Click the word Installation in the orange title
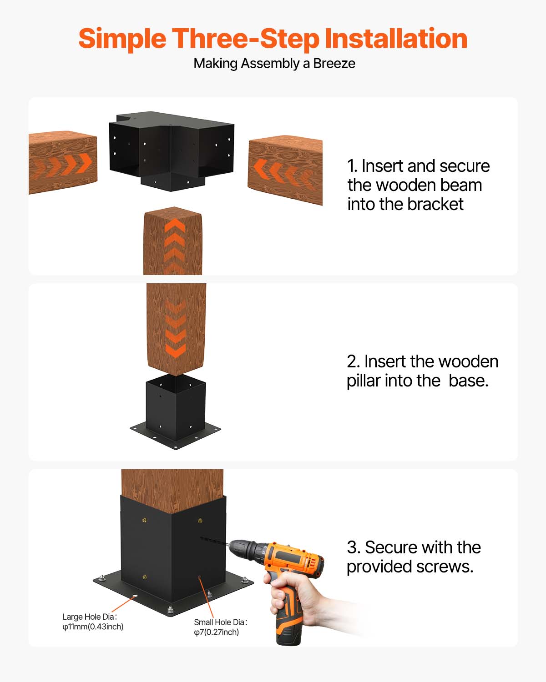pos(395,39)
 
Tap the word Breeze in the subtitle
pos(334,63)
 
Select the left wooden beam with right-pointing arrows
pos(63,163)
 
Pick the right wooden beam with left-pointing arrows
pos(285,171)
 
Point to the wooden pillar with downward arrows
pos(176,327)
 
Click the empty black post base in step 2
pos(175,411)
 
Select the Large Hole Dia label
pos(90,617)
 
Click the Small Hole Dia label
pos(220,622)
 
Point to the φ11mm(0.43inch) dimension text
pos(93,627)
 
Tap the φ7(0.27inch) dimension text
pos(216,632)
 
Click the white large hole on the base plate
pos(135,596)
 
